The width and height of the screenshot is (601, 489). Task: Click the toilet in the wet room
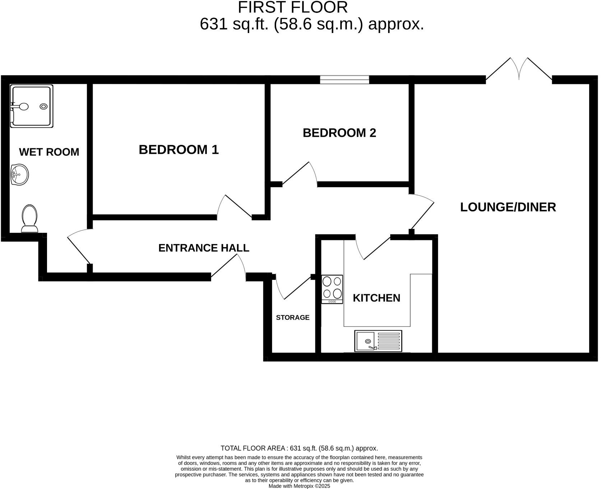click(29, 218)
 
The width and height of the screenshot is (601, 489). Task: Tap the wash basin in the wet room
click(19, 175)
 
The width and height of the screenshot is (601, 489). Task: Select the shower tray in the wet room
click(32, 106)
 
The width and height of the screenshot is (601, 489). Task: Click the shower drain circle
click(44, 106)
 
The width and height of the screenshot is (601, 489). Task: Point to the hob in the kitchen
click(332, 289)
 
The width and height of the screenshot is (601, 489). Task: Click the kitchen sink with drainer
click(378, 341)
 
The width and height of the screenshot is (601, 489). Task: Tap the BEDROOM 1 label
click(178, 150)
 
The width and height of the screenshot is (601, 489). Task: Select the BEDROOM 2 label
click(339, 133)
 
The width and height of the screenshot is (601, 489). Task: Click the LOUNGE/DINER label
click(508, 207)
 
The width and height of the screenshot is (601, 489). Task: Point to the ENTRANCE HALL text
click(204, 248)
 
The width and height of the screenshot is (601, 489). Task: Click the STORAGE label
click(293, 318)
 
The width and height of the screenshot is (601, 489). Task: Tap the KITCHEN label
click(376, 298)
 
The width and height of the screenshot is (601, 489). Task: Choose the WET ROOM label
click(49, 152)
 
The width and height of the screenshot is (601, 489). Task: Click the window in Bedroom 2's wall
click(344, 80)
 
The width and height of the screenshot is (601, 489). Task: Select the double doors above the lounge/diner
click(519, 70)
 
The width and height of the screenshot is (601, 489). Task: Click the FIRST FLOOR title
click(293, 7)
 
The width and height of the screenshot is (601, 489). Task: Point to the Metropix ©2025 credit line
click(299, 486)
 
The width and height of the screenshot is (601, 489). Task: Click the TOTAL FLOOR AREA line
click(299, 448)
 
